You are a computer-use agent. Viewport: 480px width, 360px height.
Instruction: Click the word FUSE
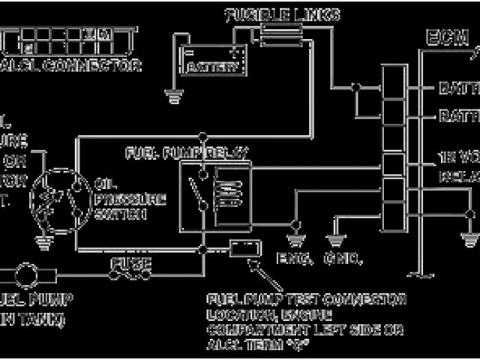tap(132, 264)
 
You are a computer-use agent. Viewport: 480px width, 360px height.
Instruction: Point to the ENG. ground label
tap(295, 259)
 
